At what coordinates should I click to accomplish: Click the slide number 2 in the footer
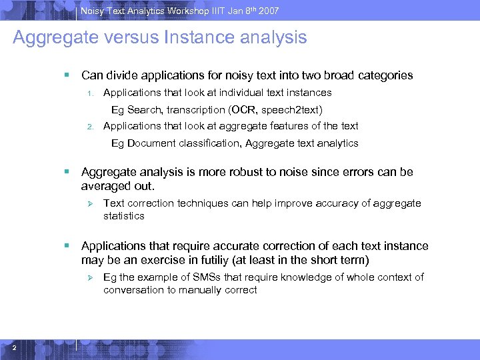[x=14, y=347]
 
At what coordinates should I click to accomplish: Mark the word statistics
[x=124, y=216]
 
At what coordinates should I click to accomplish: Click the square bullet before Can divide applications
[x=67, y=75]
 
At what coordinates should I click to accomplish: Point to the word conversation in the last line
[x=133, y=290]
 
